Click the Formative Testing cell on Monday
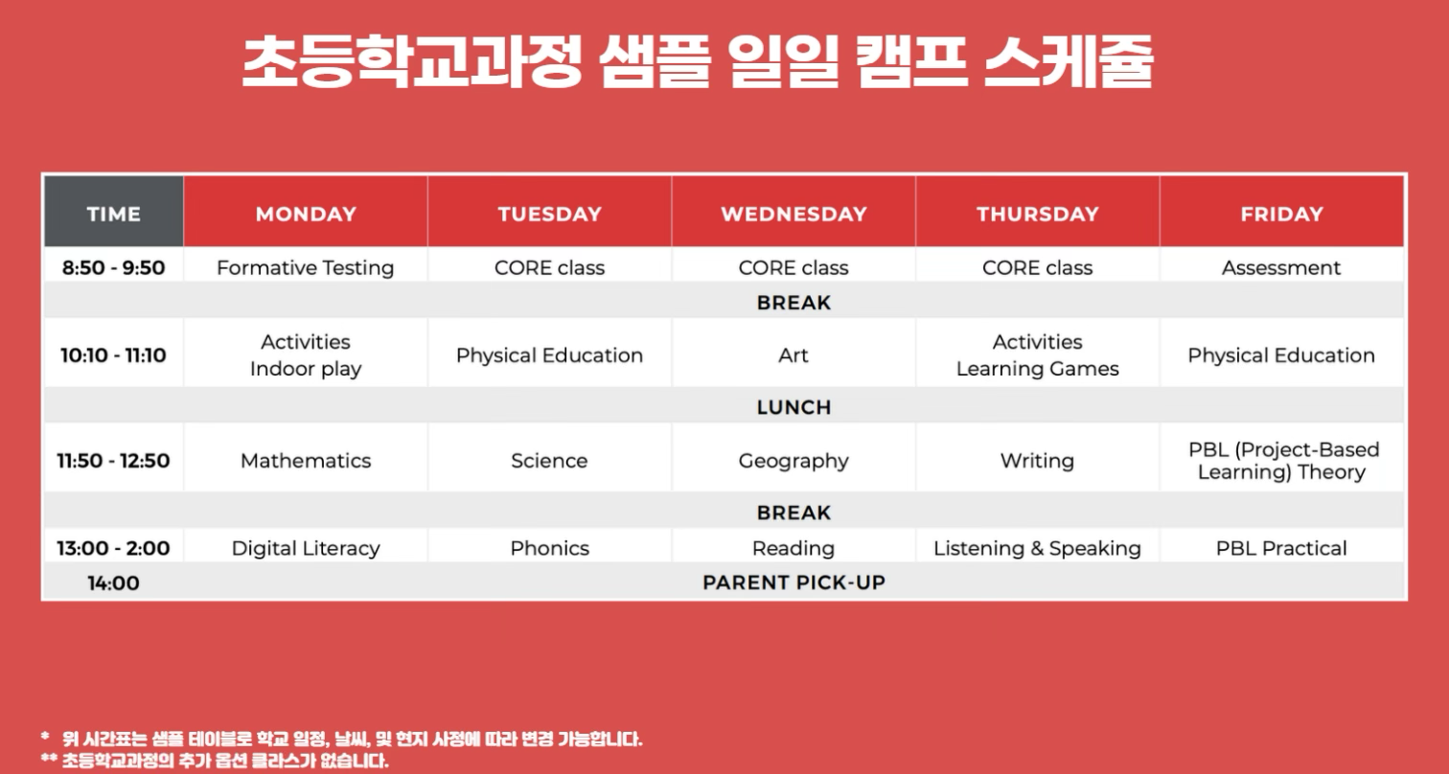click(305, 268)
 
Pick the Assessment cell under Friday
click(1281, 268)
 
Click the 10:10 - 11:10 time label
click(113, 355)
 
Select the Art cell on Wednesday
click(793, 355)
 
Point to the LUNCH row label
click(793, 407)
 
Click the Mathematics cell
click(305, 461)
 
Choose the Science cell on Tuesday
click(549, 461)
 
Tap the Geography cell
click(793, 461)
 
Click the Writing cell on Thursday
click(1037, 461)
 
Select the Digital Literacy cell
click(305, 549)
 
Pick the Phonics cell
click(549, 549)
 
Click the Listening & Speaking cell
click(1037, 549)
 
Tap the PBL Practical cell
click(1281, 549)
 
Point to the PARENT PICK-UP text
click(793, 582)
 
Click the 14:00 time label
click(113, 582)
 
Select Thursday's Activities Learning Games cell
click(1037, 355)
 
